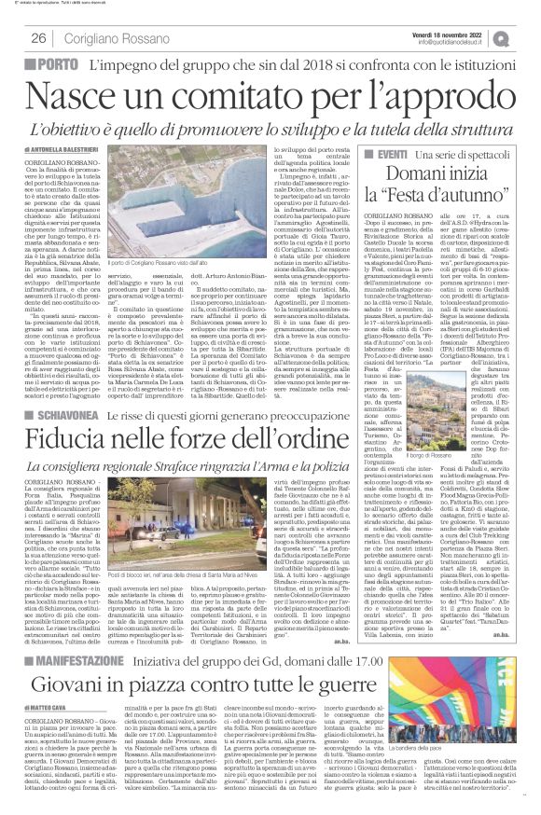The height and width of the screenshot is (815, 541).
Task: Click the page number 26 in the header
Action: (39, 38)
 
